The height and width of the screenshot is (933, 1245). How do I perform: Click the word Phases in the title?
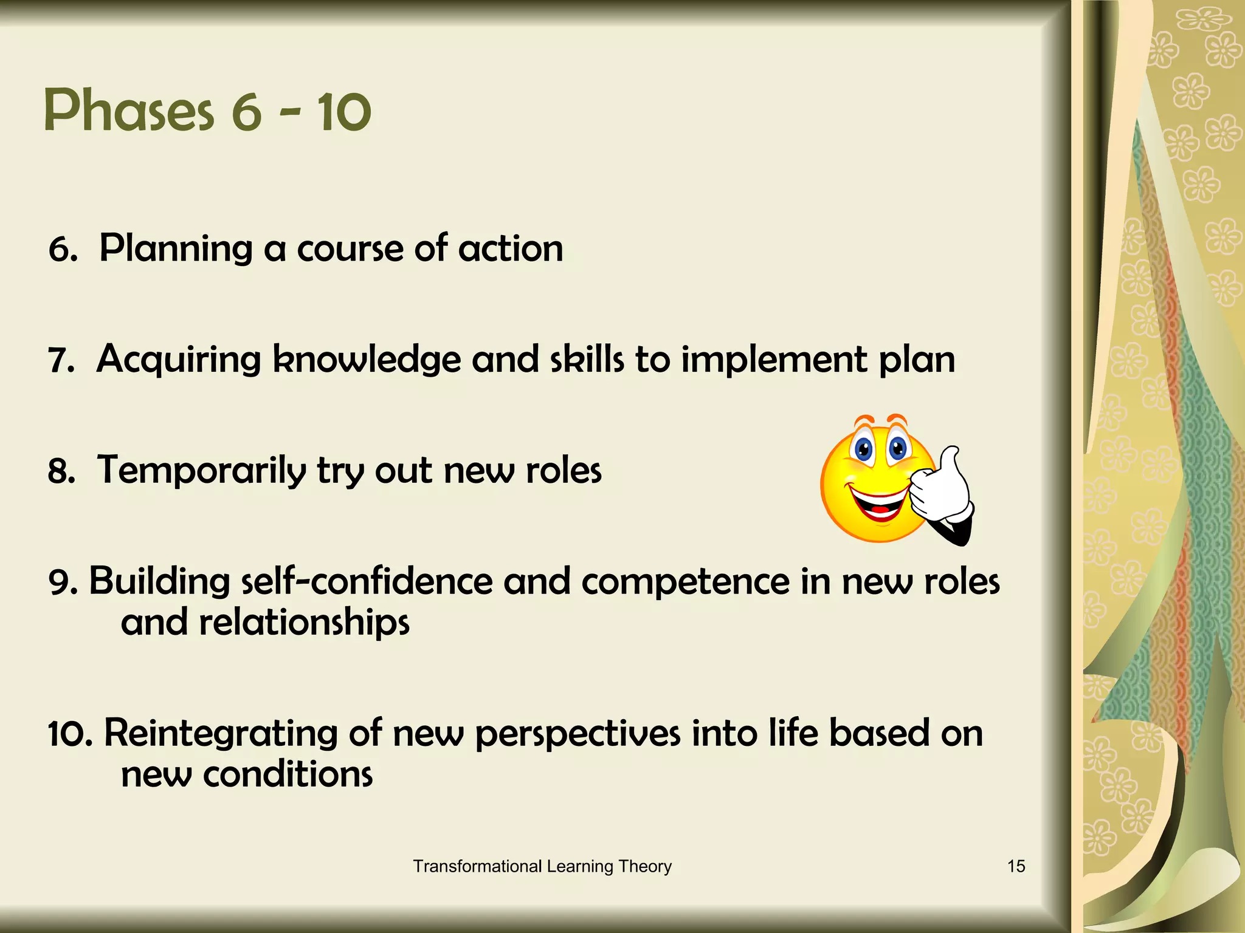[129, 111]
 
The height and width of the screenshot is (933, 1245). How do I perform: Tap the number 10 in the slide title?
[343, 111]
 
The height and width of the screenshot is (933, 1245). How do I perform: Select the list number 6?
[62, 250]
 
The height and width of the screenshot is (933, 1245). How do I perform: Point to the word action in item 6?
[511, 249]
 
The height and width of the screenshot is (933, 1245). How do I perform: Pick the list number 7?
[61, 361]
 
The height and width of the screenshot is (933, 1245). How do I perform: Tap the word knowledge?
[367, 360]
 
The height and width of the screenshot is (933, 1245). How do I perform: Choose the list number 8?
[61, 472]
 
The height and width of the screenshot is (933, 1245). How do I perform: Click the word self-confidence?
[367, 581]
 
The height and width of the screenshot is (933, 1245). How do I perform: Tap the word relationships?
[304, 623]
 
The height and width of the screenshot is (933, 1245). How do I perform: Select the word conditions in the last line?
[288, 775]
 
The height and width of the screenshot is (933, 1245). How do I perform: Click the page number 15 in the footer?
[1016, 866]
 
